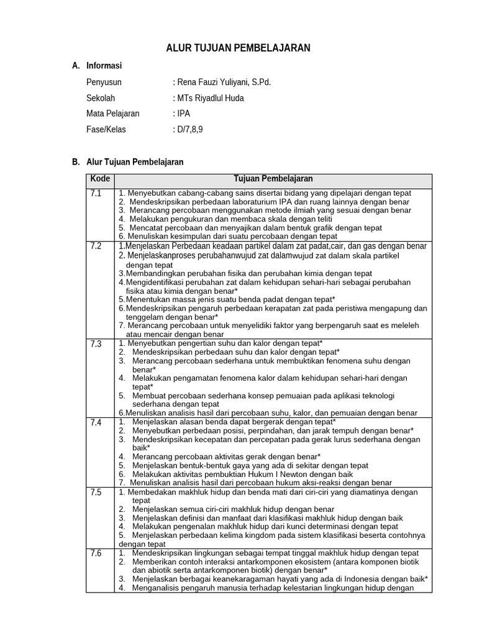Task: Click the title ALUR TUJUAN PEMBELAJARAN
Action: [238, 48]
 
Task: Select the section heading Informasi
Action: [104, 65]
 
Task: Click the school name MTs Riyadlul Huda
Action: [211, 98]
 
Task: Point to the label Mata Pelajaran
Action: [113, 114]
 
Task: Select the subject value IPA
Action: [184, 114]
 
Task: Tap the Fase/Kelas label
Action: [109, 130]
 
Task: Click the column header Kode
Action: [100, 179]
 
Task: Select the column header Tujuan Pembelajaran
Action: [273, 179]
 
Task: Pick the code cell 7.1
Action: [95, 193]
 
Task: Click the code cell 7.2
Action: [95, 246]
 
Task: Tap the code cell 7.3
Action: [95, 343]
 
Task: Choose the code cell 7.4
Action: [95, 422]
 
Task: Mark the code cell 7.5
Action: [95, 493]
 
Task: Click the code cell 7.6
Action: [95, 553]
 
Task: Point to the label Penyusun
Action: [104, 81]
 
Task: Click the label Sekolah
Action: [101, 98]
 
